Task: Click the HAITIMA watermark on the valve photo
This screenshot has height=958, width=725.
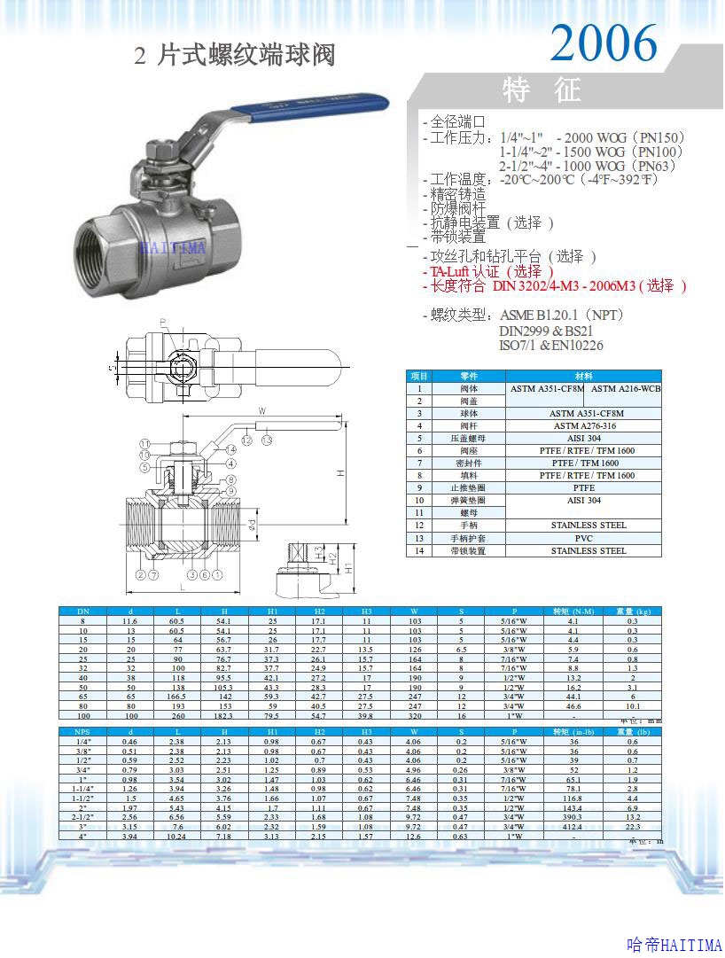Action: click(172, 248)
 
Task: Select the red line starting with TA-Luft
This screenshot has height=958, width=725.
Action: click(487, 271)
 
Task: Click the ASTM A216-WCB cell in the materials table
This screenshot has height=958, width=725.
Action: click(626, 388)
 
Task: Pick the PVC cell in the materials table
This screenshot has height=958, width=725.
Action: click(584, 538)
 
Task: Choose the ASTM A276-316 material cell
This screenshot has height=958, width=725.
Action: click(584, 425)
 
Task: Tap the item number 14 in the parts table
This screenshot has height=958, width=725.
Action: click(419, 550)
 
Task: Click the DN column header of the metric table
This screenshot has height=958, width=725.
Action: click(82, 611)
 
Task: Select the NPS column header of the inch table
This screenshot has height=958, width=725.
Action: click(82, 731)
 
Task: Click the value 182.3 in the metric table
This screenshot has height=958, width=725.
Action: click(223, 715)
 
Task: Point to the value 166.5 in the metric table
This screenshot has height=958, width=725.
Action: click(176, 697)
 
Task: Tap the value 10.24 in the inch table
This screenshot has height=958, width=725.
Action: click(176, 836)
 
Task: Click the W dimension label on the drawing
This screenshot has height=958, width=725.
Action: click(262, 411)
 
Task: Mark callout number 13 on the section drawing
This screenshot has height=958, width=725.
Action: click(266, 440)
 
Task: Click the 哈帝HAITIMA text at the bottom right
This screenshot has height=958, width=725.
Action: click(674, 946)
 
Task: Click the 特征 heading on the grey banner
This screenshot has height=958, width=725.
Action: click(542, 90)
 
